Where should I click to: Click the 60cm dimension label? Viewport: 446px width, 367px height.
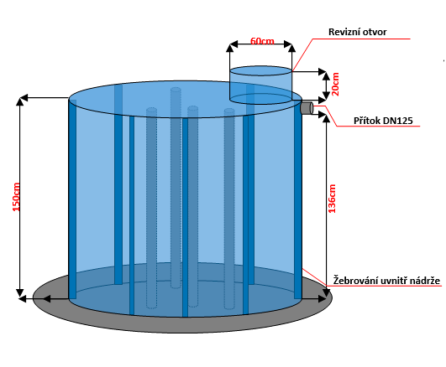(262, 41)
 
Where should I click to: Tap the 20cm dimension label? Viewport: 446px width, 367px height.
(335, 84)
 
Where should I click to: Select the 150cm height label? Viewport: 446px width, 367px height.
(16, 197)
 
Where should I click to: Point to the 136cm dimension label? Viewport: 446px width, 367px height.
(332, 199)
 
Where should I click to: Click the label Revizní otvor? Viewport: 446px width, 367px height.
(357, 32)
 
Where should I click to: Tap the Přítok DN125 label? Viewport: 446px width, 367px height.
(383, 121)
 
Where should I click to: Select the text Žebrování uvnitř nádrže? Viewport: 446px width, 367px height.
(386, 281)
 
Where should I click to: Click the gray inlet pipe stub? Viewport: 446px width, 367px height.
(307, 108)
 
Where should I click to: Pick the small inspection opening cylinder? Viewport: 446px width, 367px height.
(260, 85)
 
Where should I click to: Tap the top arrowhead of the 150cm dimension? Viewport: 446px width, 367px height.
(19, 101)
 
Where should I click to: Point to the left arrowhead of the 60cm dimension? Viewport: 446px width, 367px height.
(233, 44)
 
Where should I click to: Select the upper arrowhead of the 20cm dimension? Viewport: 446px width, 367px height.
(326, 76)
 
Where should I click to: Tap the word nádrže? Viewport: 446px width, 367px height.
(425, 281)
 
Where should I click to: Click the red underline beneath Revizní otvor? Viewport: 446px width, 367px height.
(361, 39)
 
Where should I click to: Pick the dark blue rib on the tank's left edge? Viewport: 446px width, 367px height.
(72, 199)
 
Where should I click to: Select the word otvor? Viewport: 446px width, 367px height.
(375, 32)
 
